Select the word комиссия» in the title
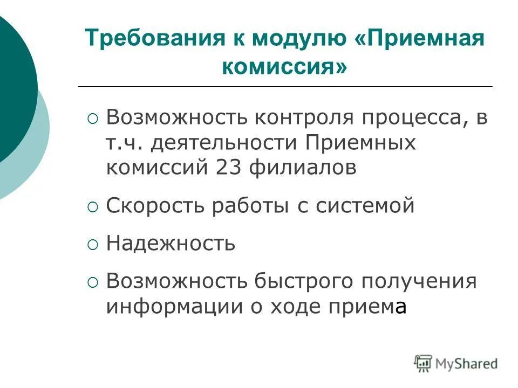[285, 67]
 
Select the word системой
[369, 206]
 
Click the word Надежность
[171, 243]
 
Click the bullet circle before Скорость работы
[93, 207]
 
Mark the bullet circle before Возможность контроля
[93, 119]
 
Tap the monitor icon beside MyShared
[424, 363]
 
